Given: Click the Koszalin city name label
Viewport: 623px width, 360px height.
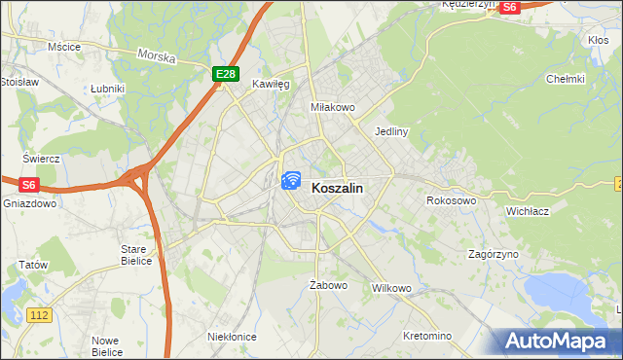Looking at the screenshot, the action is click(x=338, y=191).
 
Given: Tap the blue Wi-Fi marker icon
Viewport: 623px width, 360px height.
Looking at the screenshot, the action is click(x=290, y=180).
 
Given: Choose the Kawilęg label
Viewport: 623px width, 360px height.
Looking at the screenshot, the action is click(x=272, y=85).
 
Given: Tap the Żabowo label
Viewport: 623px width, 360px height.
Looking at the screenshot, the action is click(x=328, y=285).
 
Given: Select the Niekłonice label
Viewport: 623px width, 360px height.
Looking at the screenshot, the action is click(x=232, y=336).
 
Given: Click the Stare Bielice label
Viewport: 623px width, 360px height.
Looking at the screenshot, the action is click(x=134, y=255).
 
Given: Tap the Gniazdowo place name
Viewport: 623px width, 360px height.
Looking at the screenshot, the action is click(x=26, y=204).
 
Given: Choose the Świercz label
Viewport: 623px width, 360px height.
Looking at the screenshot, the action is click(x=42, y=158).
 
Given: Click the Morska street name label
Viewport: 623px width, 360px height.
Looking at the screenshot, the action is click(x=156, y=57).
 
